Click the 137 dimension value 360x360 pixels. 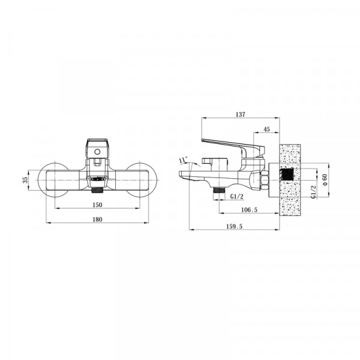click(241, 115)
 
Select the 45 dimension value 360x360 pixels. click(266, 129)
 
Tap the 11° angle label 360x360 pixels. click(184, 160)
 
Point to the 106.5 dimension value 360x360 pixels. click(249, 209)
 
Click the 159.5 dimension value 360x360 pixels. click(234, 226)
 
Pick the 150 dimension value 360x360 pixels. click(97, 205)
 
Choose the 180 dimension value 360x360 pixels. click(97, 220)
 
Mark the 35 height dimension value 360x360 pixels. click(25, 179)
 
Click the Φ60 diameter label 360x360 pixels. click(324, 179)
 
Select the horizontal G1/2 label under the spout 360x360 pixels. click(237, 196)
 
